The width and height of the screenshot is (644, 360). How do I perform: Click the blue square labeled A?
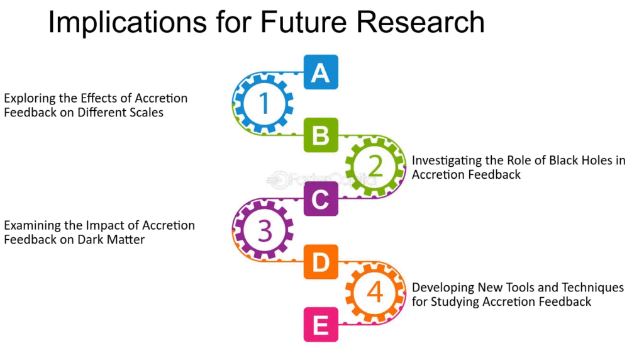[321, 72]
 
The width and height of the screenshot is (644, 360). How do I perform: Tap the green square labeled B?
[321, 135]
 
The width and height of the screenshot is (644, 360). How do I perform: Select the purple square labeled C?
[321, 199]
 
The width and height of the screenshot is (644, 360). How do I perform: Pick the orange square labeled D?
[321, 262]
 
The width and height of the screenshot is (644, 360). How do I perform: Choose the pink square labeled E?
[321, 325]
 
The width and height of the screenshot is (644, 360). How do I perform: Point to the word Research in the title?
[420, 22]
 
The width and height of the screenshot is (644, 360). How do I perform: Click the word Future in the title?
[304, 22]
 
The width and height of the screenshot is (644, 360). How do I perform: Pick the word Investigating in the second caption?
[447, 161]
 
